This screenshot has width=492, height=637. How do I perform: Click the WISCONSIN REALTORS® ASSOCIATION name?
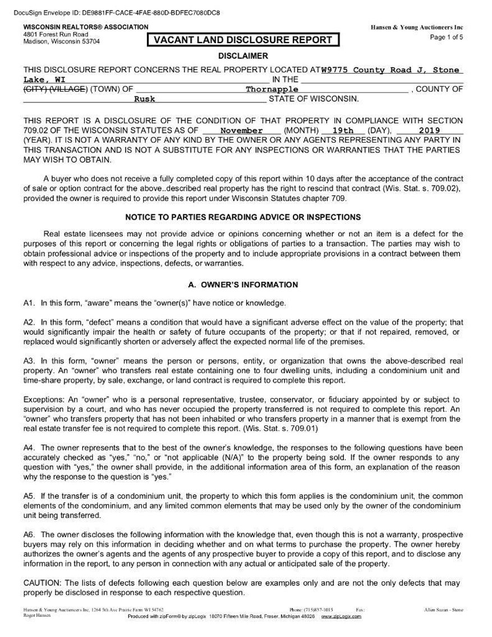[86, 27]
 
